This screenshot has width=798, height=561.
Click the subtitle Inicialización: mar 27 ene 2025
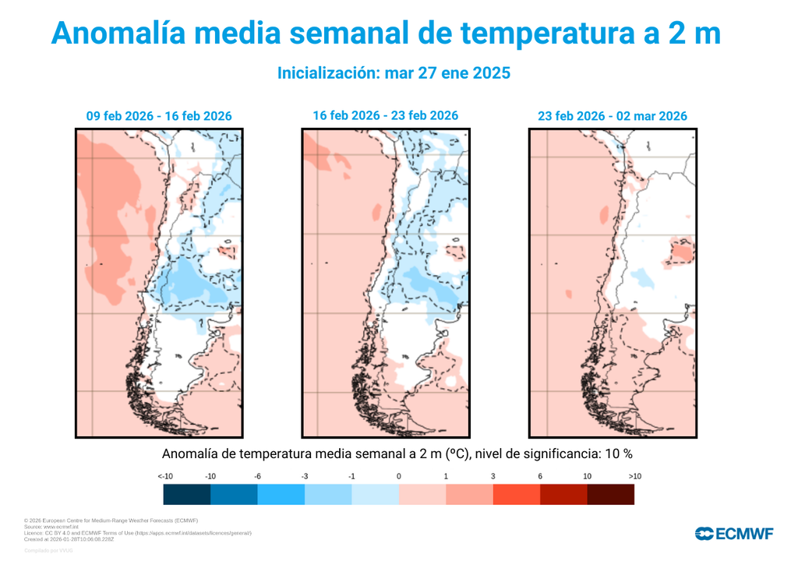pyautogui.click(x=394, y=73)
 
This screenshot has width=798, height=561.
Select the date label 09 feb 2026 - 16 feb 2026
pyautogui.click(x=159, y=116)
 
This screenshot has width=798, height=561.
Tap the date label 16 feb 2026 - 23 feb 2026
pyautogui.click(x=385, y=115)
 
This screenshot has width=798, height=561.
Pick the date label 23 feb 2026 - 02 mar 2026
pyautogui.click(x=612, y=116)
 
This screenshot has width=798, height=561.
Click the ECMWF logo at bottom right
pyautogui.click(x=734, y=534)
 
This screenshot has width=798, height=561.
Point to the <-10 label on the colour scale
pyautogui.click(x=164, y=476)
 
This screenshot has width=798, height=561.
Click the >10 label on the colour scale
pyautogui.click(x=634, y=476)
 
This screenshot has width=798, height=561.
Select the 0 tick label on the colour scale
pyautogui.click(x=398, y=476)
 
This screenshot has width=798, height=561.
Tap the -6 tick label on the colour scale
pyautogui.click(x=257, y=476)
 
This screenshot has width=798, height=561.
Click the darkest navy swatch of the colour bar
pyautogui.click(x=187, y=494)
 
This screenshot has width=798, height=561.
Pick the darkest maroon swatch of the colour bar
pyautogui.click(x=610, y=494)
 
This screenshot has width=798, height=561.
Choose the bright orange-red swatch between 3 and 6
pyautogui.click(x=516, y=494)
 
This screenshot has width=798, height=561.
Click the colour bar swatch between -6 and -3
pyautogui.click(x=281, y=494)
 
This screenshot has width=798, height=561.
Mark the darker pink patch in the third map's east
pyautogui.click(x=683, y=252)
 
